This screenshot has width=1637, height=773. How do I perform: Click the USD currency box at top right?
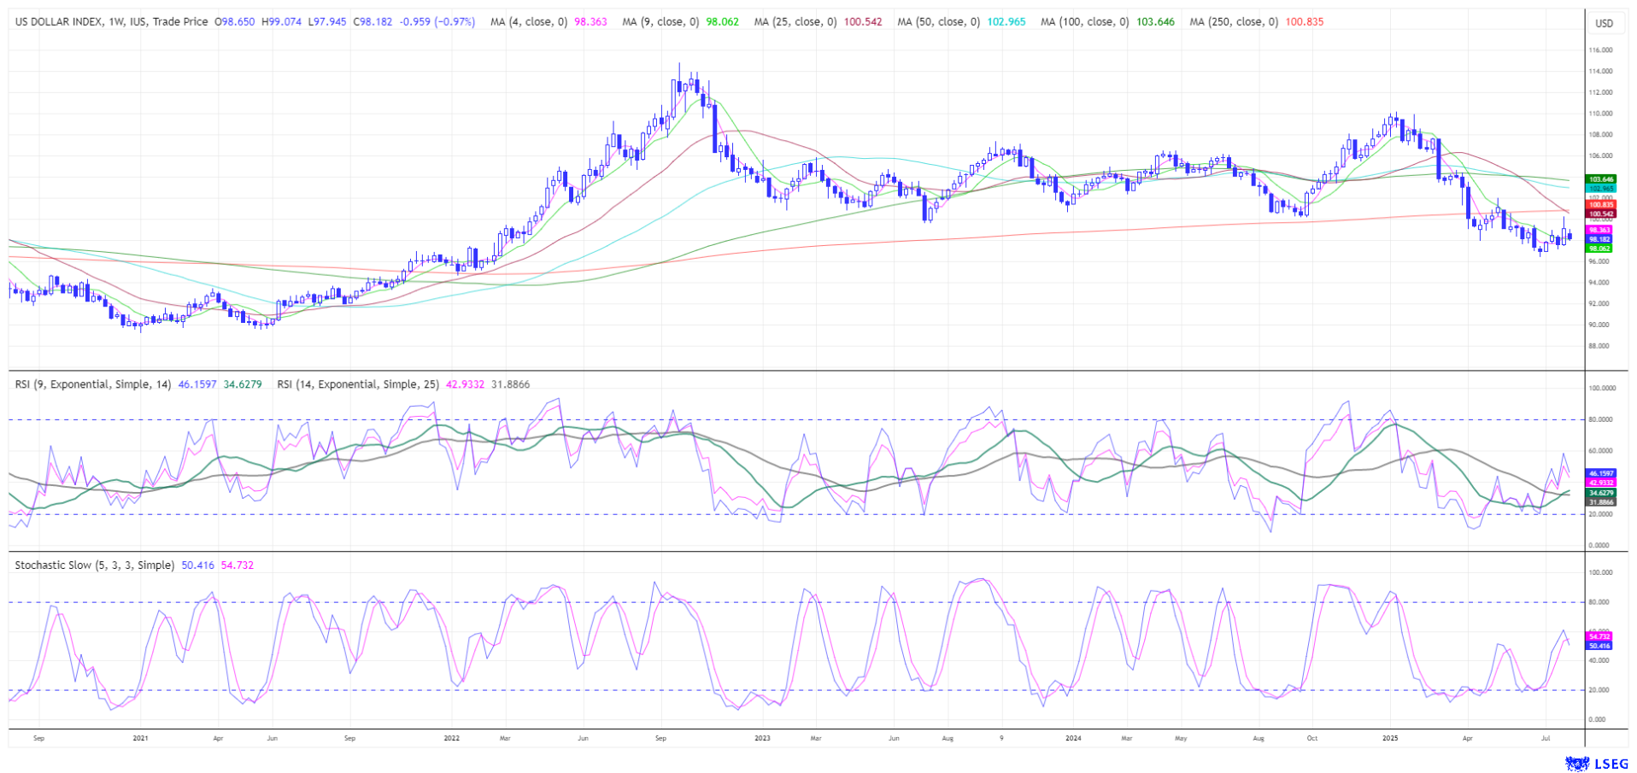[x=1604, y=23]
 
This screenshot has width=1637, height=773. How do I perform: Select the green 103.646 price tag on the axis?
[x=1600, y=179]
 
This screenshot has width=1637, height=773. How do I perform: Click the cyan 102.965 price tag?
[x=1600, y=188]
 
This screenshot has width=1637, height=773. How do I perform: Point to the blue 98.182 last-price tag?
[x=1599, y=240]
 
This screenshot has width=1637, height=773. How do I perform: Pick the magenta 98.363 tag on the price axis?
[x=1599, y=231]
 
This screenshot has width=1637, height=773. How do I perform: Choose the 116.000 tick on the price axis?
[x=1600, y=50]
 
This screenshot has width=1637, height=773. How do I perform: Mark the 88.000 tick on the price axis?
[x=1599, y=346]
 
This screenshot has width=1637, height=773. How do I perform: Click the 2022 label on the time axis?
[x=451, y=738]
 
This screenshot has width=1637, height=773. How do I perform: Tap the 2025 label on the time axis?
[x=1389, y=738]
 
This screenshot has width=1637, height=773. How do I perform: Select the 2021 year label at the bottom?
[x=140, y=738]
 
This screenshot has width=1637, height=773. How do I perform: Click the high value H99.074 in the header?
[x=280, y=21]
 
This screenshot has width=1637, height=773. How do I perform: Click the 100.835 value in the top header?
[x=1305, y=21]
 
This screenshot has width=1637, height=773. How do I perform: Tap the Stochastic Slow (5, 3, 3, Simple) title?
[x=94, y=565]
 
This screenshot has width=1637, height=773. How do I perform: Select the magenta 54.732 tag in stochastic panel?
[x=1599, y=637]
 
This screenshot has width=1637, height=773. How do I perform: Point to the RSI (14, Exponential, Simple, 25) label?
[x=358, y=384]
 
